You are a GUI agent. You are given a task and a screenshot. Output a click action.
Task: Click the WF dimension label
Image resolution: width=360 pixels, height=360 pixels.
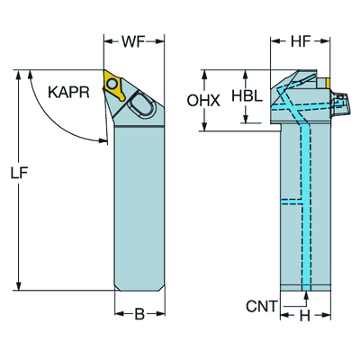pyautogui.click(x=133, y=41)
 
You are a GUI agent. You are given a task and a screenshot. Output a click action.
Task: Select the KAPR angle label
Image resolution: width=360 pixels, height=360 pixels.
pyautogui.click(x=68, y=92)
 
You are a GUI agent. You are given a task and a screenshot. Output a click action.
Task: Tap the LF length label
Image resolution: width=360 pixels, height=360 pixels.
pyautogui.click(x=20, y=174)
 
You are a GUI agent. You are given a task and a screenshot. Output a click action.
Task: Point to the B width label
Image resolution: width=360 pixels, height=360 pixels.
pyautogui.click(x=139, y=314)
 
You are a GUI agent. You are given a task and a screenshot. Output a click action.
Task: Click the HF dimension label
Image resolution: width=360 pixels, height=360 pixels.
pyautogui.click(x=301, y=41)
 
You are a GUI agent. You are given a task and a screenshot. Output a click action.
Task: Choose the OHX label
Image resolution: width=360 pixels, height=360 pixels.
pyautogui.click(x=203, y=101)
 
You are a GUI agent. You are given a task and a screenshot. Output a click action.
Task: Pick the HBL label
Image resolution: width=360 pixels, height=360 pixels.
pyautogui.click(x=247, y=95)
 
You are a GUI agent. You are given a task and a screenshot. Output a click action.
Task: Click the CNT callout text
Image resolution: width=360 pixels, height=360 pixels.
pyautogui.click(x=261, y=306)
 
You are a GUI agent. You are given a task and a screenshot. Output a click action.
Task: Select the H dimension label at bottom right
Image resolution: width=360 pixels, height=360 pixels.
pyautogui.click(x=305, y=316)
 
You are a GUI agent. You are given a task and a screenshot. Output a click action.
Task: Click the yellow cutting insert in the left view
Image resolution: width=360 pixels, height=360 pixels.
pyautogui.click(x=114, y=85)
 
